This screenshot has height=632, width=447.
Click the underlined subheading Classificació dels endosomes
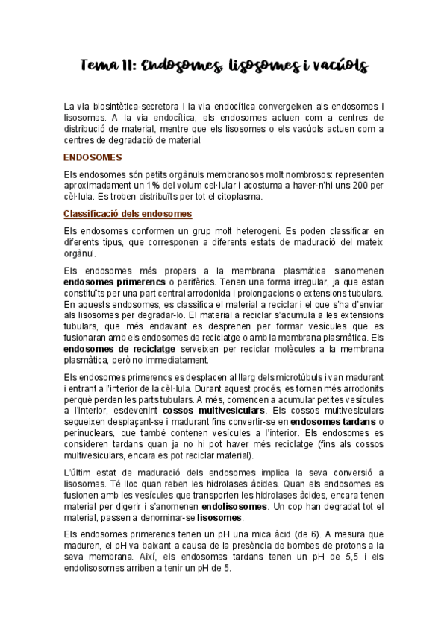[128, 214]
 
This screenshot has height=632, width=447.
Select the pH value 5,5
[319, 557]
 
